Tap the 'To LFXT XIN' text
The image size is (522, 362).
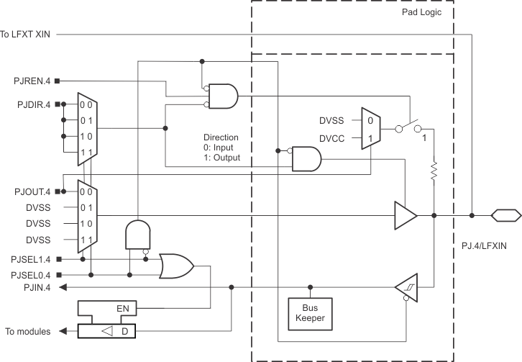click(x=26, y=34)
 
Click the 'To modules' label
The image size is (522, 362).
click(x=28, y=332)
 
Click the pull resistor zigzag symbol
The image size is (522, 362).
click(x=434, y=171)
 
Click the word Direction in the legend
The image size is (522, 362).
click(x=221, y=137)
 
